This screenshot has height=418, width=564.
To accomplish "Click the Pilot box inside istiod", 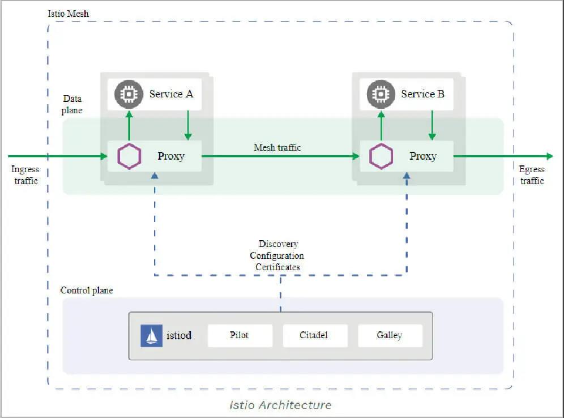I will [x=240, y=335].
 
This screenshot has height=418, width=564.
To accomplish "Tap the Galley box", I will [x=390, y=335].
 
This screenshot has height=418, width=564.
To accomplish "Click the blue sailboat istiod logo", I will [x=151, y=336].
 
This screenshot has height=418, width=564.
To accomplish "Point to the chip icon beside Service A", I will [x=129, y=94].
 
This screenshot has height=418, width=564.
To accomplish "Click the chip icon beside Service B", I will [x=381, y=94].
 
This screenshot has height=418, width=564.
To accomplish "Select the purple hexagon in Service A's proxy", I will [x=129, y=156].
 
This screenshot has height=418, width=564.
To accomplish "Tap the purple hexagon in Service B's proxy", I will [x=381, y=156].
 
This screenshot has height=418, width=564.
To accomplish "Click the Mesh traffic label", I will [x=277, y=147].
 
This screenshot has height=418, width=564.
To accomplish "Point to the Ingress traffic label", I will [x=25, y=175].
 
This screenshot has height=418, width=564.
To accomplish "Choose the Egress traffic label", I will [x=532, y=175].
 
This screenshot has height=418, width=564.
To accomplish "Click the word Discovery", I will [x=278, y=244].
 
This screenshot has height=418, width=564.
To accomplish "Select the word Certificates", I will [x=278, y=267].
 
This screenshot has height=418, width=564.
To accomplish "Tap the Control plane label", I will [x=87, y=291].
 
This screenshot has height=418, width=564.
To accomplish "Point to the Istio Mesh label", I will [x=69, y=12].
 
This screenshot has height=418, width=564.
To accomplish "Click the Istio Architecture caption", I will [x=280, y=405].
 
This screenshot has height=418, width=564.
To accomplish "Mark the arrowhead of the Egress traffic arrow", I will [x=549, y=156].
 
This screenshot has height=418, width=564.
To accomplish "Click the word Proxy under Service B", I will [x=423, y=156].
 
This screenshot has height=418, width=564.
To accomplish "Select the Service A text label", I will [x=171, y=94].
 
